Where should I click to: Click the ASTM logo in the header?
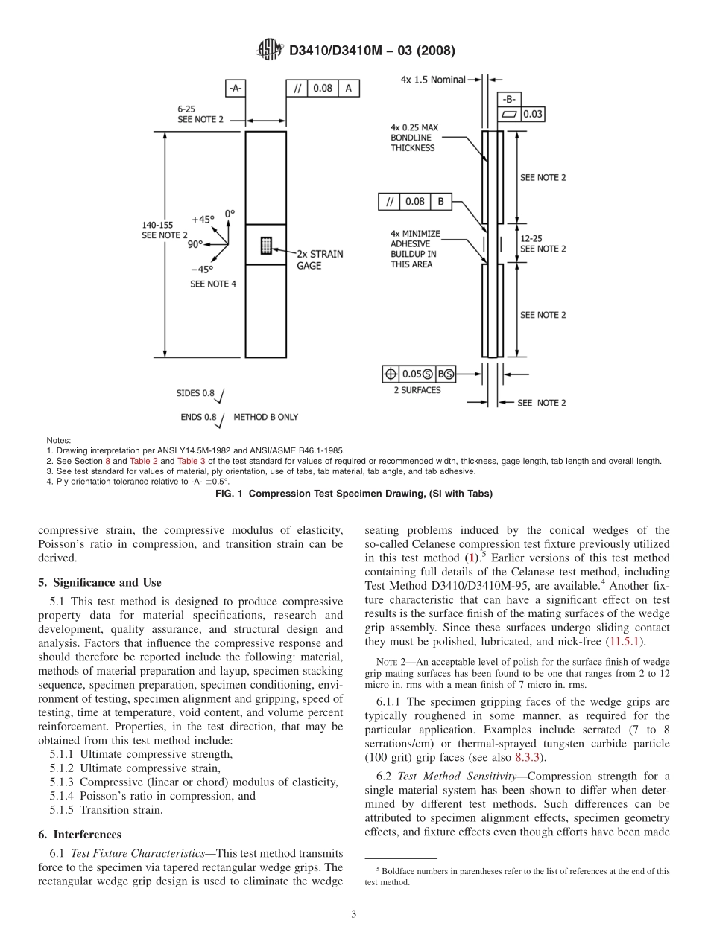pyautogui.click(x=269, y=50)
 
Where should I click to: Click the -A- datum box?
pyautogui.click(x=235, y=89)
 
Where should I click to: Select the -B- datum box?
pyautogui.click(x=509, y=99)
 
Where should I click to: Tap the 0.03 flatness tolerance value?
pyautogui.click(x=532, y=114)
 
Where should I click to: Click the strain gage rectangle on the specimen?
pyautogui.click(x=266, y=245)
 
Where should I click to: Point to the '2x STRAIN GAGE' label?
pyautogui.click(x=320, y=260)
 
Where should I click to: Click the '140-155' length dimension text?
pyautogui.click(x=159, y=224)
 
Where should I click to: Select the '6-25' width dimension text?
pyautogui.click(x=186, y=109)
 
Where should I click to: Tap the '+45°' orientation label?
pyautogui.click(x=203, y=220)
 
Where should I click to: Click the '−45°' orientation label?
pyautogui.click(x=201, y=270)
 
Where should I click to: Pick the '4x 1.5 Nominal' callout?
pyautogui.click(x=432, y=79)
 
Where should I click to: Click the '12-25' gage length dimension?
pyautogui.click(x=531, y=238)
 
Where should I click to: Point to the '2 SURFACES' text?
pyautogui.click(x=417, y=390)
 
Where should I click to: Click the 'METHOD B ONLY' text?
pyautogui.click(x=265, y=417)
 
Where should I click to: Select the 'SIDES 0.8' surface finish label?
pyautogui.click(x=195, y=393)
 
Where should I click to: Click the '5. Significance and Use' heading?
pyautogui.click(x=100, y=582)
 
